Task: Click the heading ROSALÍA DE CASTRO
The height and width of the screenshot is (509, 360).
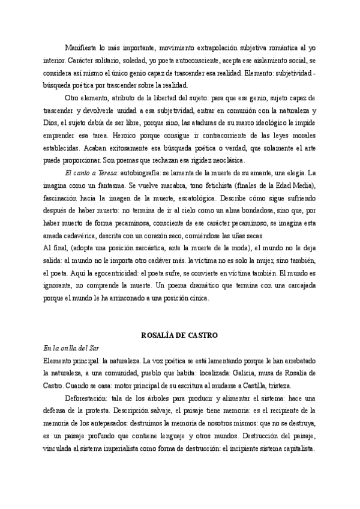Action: pos(178,334)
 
